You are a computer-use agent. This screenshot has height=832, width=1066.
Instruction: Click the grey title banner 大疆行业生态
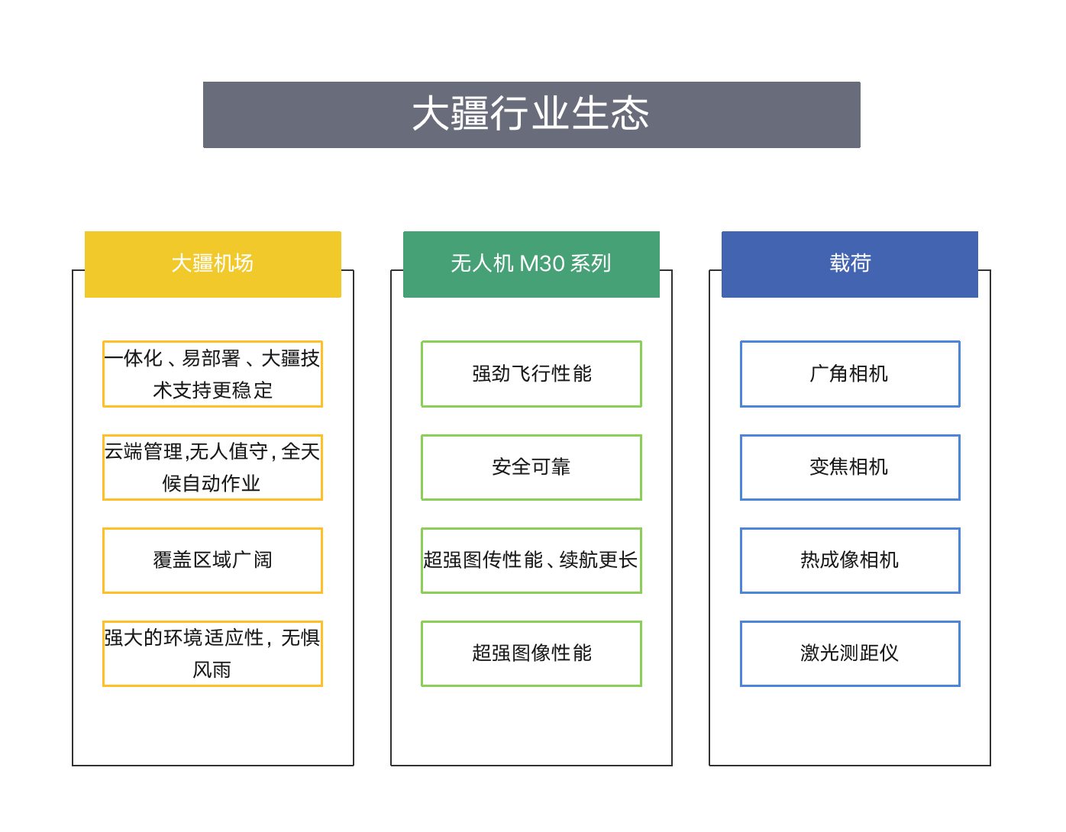[x=531, y=114]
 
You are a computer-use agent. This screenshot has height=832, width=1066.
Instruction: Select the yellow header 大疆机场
[x=212, y=264]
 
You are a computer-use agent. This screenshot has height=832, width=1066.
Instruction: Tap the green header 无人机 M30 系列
[x=531, y=264]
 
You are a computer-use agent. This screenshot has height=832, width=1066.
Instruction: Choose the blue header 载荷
[x=849, y=264]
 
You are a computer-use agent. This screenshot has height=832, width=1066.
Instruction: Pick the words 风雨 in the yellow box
[x=212, y=669]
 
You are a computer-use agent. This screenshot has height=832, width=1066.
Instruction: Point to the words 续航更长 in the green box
[x=599, y=560]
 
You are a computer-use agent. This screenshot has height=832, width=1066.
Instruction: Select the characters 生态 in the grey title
[x=610, y=113]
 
